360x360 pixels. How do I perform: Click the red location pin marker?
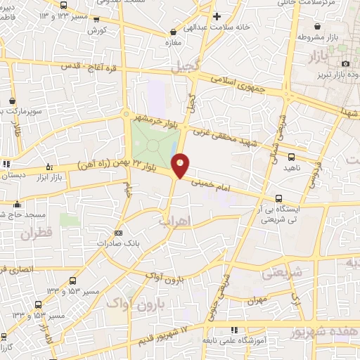[181, 165]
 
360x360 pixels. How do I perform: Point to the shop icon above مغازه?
[173, 32]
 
